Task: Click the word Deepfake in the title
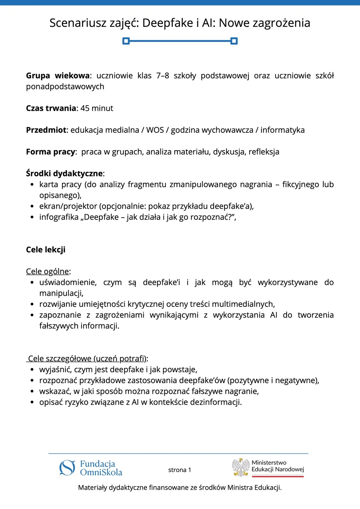(168, 23)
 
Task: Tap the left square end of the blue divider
(126, 41)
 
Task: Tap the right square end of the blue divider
(234, 41)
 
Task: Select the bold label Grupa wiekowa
(58, 76)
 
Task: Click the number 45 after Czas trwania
(85, 108)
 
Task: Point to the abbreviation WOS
(155, 130)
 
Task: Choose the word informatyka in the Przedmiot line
(282, 130)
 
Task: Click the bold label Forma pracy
(51, 152)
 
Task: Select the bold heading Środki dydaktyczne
(64, 173)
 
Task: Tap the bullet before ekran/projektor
(32, 206)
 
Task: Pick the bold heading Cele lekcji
(46, 250)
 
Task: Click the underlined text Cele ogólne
(47, 272)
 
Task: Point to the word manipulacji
(61, 293)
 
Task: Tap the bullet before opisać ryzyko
(32, 402)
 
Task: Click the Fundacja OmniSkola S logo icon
(67, 468)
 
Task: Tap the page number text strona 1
(179, 470)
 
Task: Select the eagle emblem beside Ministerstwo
(241, 467)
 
